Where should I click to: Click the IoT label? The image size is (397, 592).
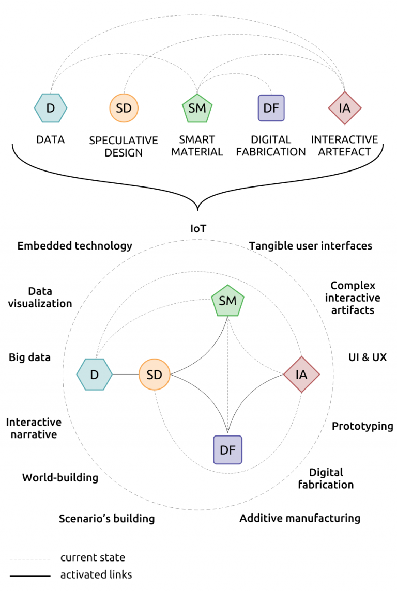[x=198, y=228]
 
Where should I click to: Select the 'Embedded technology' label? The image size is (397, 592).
[x=75, y=246]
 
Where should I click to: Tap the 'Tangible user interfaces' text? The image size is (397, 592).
[x=311, y=246]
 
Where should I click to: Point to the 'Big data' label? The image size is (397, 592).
[x=30, y=357]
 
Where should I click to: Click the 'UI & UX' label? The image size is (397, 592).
[x=368, y=357]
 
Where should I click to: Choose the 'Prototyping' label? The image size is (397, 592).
[x=362, y=426]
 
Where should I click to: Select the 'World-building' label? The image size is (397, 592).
[x=60, y=477]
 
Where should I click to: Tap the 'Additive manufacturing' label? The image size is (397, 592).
[x=300, y=518]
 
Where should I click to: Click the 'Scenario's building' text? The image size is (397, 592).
[x=106, y=518]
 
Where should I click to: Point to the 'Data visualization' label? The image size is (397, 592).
[x=40, y=298]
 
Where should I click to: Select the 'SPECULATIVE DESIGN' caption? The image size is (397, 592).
[x=124, y=146]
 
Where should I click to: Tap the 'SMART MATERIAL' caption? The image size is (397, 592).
[x=197, y=146]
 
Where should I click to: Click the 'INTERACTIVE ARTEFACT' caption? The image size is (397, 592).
[x=344, y=146]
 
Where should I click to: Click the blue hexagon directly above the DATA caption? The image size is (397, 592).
[x=51, y=108]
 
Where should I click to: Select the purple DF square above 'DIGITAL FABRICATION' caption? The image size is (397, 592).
[x=271, y=108]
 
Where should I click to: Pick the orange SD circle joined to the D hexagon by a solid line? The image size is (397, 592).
[x=154, y=375]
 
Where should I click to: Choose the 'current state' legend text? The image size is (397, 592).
[x=93, y=557]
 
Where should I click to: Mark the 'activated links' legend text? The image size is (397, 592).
[x=96, y=574]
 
